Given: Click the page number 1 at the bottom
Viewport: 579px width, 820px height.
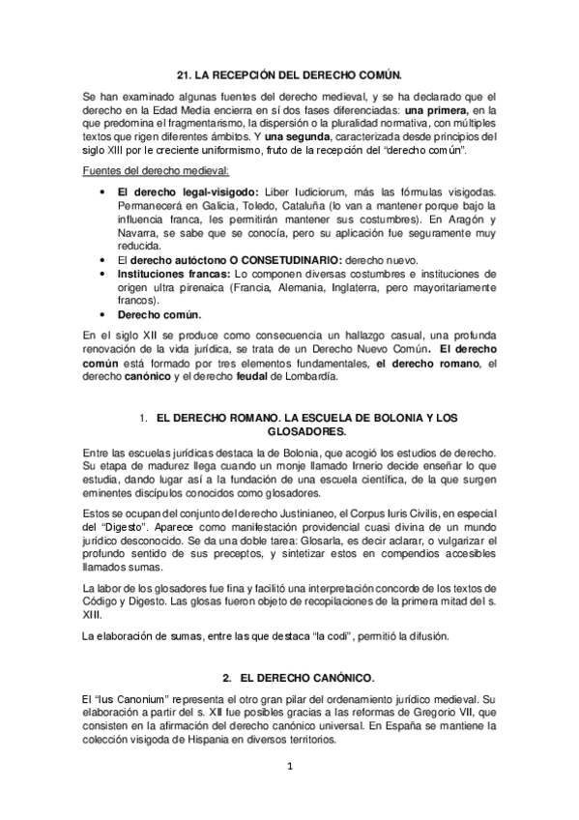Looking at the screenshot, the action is (289, 766).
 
